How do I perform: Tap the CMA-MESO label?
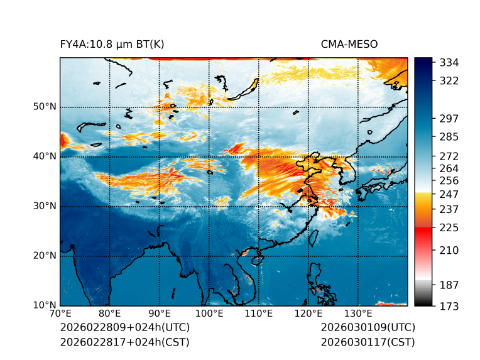tap(349, 44)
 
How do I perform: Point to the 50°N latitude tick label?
tap(45, 107)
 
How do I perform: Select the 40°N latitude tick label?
tap(45, 156)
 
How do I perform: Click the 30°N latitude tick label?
tap(45, 206)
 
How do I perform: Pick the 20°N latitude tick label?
tap(45, 256)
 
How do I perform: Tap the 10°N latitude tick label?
tap(45, 305)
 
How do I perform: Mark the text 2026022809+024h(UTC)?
tap(124, 328)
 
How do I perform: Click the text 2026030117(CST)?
tap(368, 342)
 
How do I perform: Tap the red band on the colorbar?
tap(423, 232)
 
